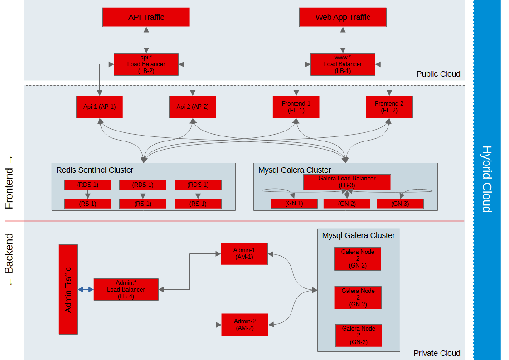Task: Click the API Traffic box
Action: [x=146, y=17]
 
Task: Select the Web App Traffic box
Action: [x=343, y=17]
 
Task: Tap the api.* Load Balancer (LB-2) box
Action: [x=146, y=64]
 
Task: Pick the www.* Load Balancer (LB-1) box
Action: [x=343, y=64]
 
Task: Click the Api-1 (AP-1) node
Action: [x=100, y=107]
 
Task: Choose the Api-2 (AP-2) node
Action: [x=192, y=107]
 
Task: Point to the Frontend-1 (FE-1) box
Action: [x=296, y=107]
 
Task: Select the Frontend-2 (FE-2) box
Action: [x=389, y=107]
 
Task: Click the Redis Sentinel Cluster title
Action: [x=95, y=170]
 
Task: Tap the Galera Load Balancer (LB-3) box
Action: [x=347, y=182]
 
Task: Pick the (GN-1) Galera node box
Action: [x=294, y=204]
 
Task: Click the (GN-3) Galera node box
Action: [x=400, y=204]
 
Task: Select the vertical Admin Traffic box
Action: [x=68, y=289]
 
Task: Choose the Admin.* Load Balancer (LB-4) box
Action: [x=126, y=289]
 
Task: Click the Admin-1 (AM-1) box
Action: [x=244, y=254]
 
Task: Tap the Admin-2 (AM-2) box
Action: [x=244, y=325]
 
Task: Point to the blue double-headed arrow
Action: [x=85, y=290]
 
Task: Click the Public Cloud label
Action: [x=438, y=74]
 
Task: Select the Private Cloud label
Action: [x=437, y=353]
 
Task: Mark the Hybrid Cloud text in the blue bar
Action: [x=487, y=179]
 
